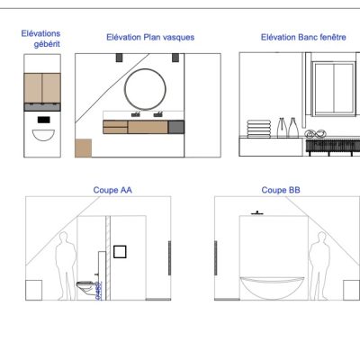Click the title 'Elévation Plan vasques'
(x=150, y=38)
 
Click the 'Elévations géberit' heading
(x=40, y=38)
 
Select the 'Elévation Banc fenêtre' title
(x=292, y=38)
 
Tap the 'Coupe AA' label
(x=112, y=191)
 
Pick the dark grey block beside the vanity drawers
(x=175, y=127)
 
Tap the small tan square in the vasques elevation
(x=83, y=148)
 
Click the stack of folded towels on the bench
(x=258, y=130)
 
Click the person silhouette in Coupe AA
(x=64, y=265)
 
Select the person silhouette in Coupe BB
(x=316, y=265)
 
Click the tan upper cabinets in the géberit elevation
(x=41, y=87)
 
